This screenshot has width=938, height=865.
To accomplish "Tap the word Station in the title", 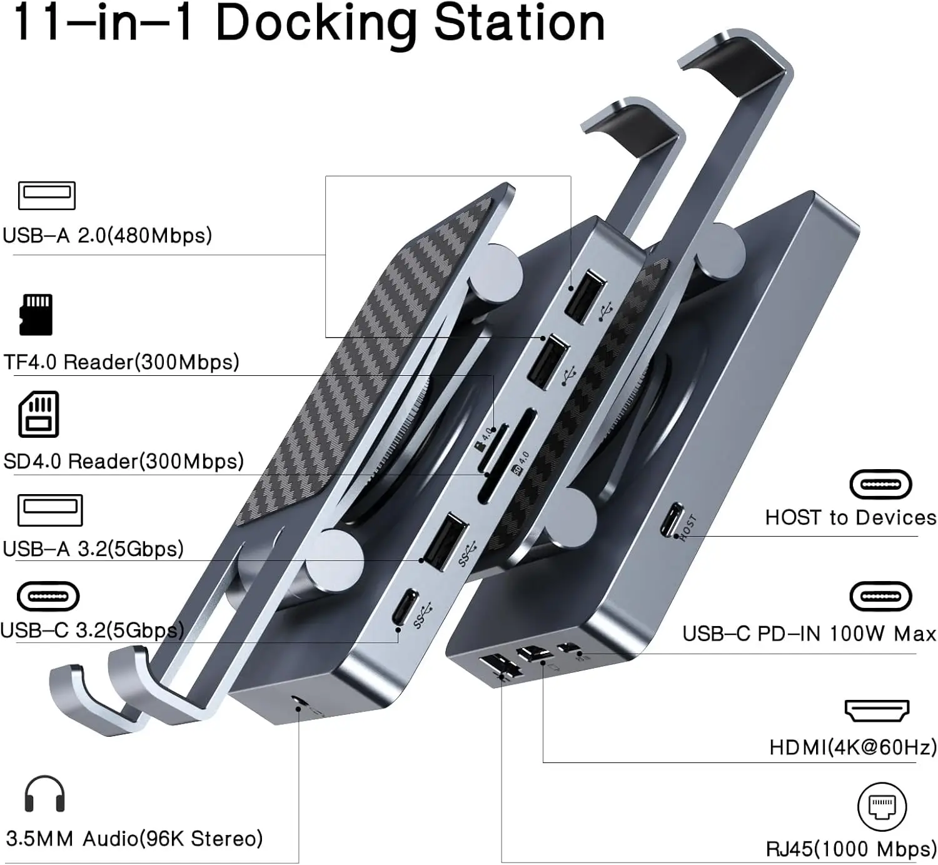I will (519, 23).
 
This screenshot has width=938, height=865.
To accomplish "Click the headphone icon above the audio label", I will (44, 794).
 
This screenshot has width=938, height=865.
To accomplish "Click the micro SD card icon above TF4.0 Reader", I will (37, 315).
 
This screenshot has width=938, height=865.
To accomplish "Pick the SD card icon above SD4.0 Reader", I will (39, 414).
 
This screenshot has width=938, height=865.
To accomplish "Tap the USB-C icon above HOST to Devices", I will (880, 484).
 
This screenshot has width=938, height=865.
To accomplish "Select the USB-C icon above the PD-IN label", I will (880, 597).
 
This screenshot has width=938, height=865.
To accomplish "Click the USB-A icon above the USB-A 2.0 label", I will (47, 196).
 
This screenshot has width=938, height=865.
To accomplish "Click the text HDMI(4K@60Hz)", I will (853, 747).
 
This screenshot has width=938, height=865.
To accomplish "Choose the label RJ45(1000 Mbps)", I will (851, 849).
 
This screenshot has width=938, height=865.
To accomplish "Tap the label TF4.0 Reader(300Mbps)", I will (121, 362).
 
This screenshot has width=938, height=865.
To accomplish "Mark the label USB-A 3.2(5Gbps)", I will (93, 549).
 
